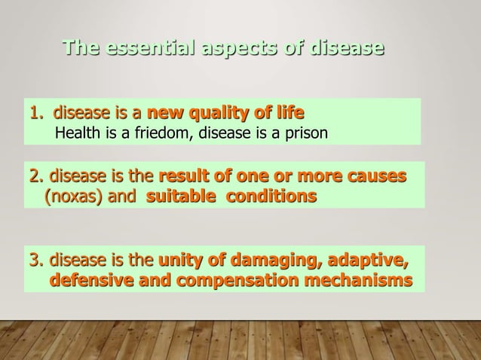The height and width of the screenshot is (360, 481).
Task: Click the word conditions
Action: [x=268, y=197]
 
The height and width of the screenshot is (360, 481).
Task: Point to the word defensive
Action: [x=89, y=282]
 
